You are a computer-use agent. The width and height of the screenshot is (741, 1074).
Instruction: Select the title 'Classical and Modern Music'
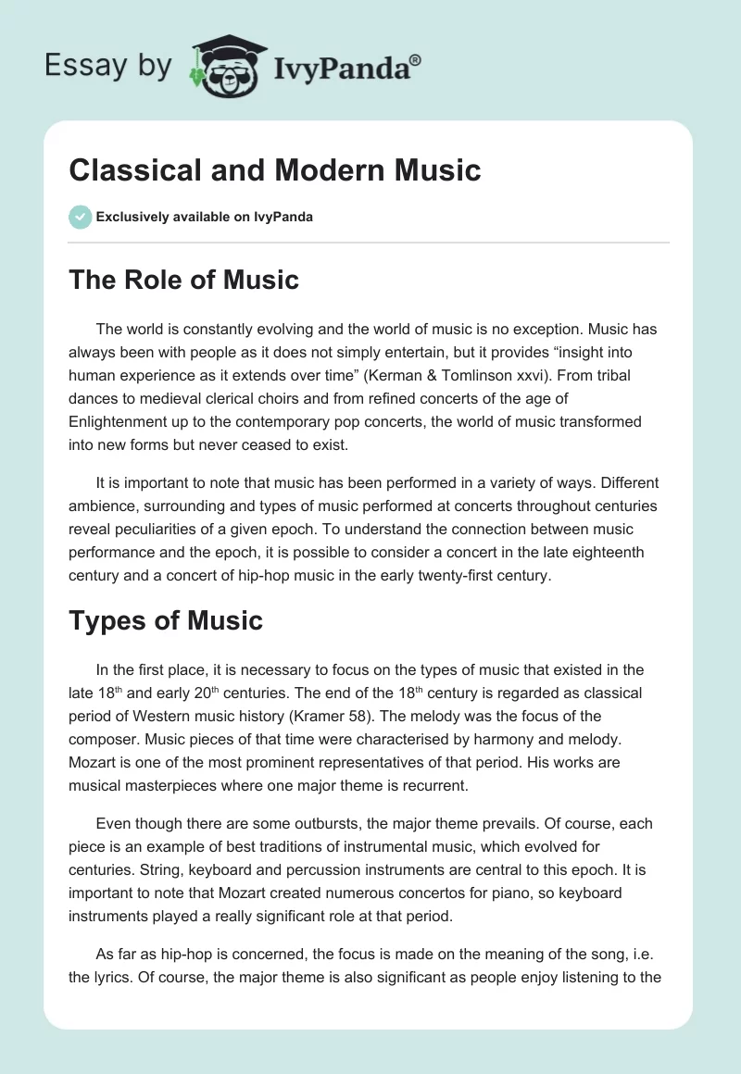tap(275, 170)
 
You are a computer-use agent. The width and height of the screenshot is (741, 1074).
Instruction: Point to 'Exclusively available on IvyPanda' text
tap(204, 217)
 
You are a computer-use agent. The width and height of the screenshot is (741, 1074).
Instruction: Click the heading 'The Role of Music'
tap(183, 280)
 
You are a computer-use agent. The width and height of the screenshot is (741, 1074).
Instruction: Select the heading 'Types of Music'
tap(166, 620)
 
